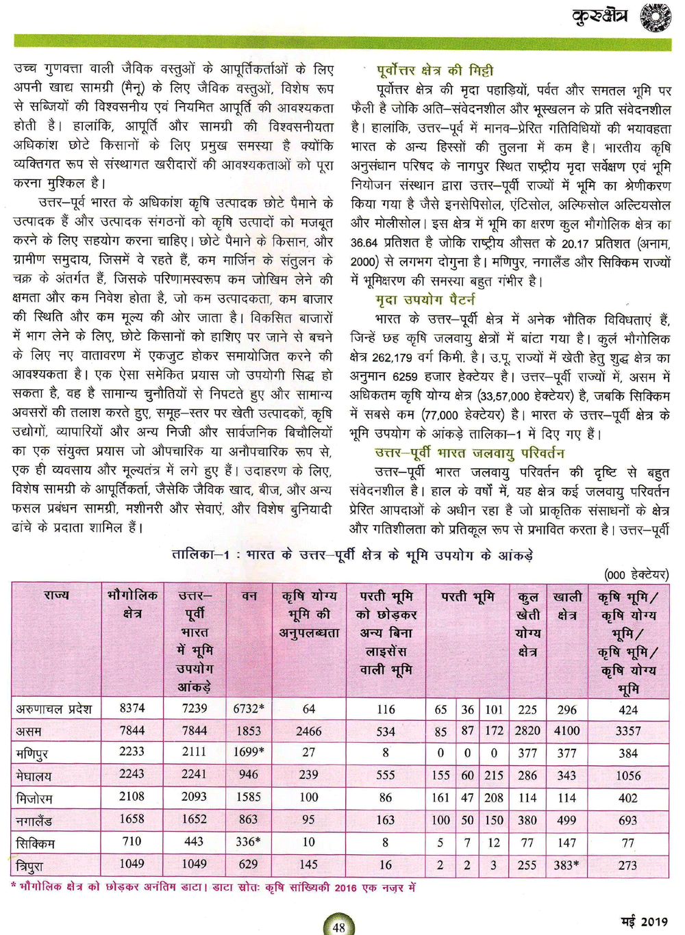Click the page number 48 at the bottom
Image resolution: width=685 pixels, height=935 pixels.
click(338, 927)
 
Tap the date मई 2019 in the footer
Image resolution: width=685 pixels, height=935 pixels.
click(645, 921)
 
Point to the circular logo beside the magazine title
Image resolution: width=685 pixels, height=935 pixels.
click(655, 16)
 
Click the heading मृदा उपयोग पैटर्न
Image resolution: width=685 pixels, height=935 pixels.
click(425, 299)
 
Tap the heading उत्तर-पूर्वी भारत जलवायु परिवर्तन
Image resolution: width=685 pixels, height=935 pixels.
click(469, 452)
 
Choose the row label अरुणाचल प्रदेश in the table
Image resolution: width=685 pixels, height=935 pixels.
click(53, 709)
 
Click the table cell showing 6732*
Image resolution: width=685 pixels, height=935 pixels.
click(249, 709)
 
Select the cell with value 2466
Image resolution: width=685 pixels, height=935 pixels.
click(309, 731)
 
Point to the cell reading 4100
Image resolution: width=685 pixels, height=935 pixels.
click(566, 731)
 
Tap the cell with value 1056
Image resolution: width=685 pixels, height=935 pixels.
click(628, 776)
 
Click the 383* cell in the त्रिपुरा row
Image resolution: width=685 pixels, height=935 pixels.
click(566, 865)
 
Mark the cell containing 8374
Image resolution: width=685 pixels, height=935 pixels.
click(132, 708)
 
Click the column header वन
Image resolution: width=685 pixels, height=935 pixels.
click(249, 596)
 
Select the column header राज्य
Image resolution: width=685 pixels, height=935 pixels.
click(56, 595)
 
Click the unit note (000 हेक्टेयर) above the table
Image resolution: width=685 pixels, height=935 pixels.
click(636, 574)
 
